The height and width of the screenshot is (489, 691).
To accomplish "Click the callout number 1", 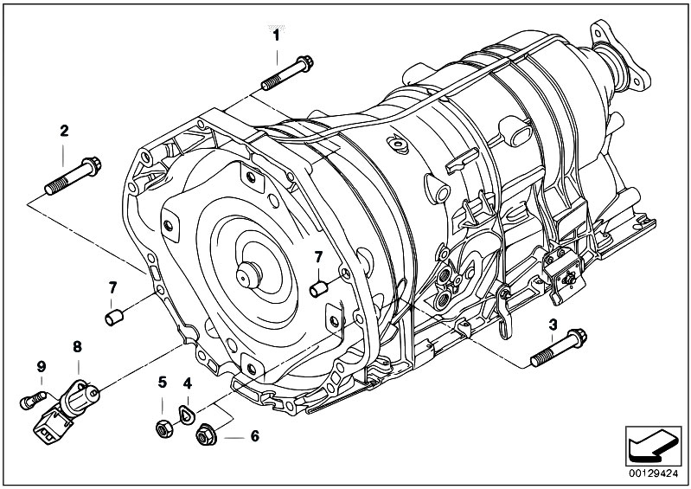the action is [277, 35].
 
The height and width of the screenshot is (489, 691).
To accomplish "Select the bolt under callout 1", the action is [287, 73].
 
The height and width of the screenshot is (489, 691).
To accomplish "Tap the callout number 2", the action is [64, 131].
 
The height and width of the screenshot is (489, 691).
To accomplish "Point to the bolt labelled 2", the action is [74, 176].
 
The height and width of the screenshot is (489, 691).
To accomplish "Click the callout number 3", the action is [553, 325].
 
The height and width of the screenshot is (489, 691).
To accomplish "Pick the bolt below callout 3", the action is [559, 347].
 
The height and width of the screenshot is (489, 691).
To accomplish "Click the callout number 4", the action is [188, 383].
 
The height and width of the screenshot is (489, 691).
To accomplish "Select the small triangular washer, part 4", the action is [186, 414].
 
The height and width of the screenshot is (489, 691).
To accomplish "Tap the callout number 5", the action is [163, 382].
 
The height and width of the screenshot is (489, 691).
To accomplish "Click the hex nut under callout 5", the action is [164, 428].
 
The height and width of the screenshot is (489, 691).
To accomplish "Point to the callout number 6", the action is [255, 436].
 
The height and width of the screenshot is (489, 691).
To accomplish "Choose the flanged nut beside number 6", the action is [206, 434].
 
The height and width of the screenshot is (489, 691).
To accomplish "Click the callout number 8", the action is [77, 347].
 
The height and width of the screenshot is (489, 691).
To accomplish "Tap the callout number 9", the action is [41, 366].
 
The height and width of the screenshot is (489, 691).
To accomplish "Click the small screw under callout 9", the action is [33, 400].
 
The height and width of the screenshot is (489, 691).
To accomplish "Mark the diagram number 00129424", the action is [654, 474].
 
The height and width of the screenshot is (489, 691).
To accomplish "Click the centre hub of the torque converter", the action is [249, 275].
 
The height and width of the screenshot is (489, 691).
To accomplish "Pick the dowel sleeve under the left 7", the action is [114, 318].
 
